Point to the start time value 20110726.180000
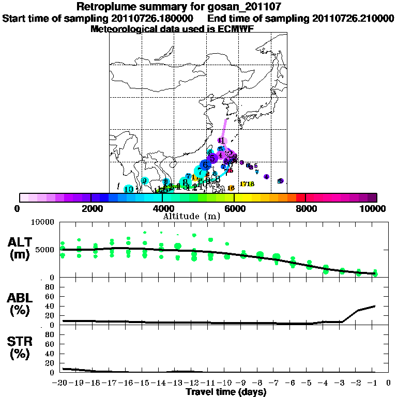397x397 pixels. pos(152,18)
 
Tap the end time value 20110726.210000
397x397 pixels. pos(353,18)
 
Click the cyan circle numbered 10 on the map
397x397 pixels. pos(129,189)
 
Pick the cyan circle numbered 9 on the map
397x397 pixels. pos(145,180)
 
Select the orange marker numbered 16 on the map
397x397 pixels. pos(231,188)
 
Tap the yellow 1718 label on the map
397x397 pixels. pos(247,184)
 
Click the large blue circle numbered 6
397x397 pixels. pos(205,165)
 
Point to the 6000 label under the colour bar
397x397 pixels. pos(234,208)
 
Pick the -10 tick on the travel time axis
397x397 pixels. pos(226,383)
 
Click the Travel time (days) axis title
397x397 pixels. pos(226,392)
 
